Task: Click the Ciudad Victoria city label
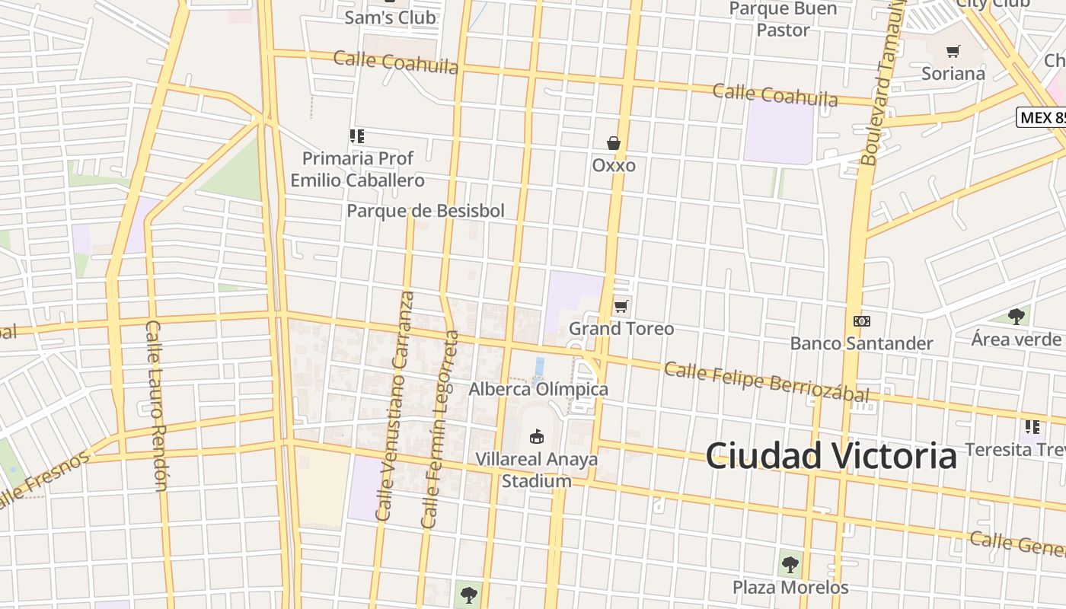[831, 455]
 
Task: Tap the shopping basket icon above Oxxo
[614, 142]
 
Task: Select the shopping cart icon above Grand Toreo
[621, 306]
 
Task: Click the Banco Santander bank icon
[862, 321]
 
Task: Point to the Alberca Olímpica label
[538, 389]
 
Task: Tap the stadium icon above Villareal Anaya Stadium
[537, 436]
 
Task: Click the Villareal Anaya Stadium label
[537, 470]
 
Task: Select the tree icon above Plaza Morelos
[790, 564]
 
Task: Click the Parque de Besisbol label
[426, 211]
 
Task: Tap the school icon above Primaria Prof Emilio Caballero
[357, 136]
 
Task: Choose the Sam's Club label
[391, 17]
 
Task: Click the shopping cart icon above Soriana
[953, 52]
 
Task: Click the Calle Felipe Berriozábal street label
[766, 382]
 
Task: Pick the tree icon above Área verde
[1016, 316]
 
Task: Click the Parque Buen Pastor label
[783, 19]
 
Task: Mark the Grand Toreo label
[621, 329]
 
